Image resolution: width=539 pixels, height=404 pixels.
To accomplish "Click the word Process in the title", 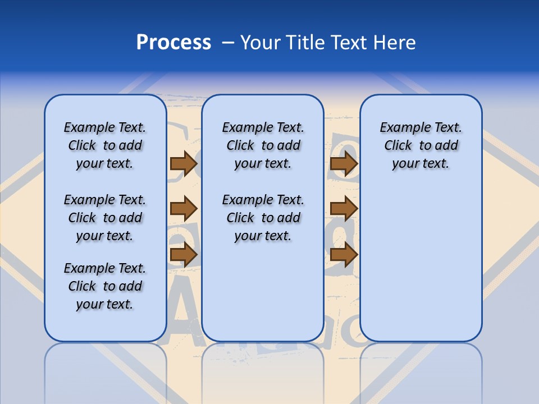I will click(x=173, y=43).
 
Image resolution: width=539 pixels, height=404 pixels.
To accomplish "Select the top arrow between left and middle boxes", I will click(x=183, y=163).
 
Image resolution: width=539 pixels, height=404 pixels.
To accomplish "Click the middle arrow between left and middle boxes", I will click(x=183, y=209).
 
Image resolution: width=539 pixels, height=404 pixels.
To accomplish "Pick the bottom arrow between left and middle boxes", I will click(x=183, y=255).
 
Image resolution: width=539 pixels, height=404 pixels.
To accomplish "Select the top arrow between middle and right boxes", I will click(x=344, y=163).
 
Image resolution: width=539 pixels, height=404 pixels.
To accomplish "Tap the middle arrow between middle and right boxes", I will click(x=344, y=209).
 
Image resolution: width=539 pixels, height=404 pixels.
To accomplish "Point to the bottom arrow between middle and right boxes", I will click(x=344, y=255).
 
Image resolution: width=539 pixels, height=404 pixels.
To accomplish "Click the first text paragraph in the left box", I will click(x=105, y=145).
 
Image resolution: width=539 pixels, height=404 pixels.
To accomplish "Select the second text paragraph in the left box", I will click(x=105, y=218).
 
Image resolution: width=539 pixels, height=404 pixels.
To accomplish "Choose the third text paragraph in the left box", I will click(x=105, y=286).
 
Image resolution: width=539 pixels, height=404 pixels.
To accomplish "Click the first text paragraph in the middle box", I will click(x=263, y=145).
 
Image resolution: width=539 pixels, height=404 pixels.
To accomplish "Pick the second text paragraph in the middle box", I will click(x=263, y=218).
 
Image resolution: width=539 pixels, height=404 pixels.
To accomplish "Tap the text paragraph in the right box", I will click(x=421, y=145).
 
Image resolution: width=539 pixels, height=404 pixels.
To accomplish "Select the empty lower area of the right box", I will click(x=421, y=264).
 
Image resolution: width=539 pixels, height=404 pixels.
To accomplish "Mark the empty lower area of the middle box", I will click(x=263, y=292).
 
